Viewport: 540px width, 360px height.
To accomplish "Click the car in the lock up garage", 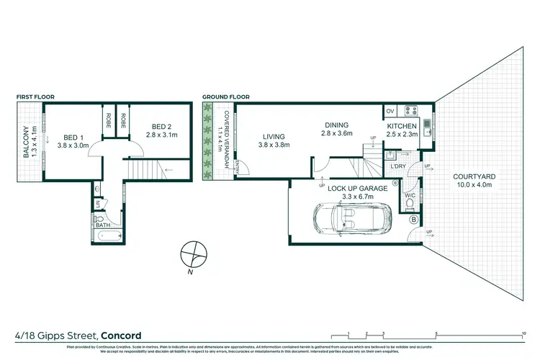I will tap(352, 218).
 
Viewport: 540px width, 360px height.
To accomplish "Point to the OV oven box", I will tap(390, 111).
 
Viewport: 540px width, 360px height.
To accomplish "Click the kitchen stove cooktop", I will tap(413, 111).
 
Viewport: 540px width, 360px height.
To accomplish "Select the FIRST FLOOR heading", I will tap(35, 96).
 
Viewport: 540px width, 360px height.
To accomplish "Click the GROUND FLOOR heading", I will tap(225, 96).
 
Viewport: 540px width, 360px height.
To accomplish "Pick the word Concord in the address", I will tap(121, 335).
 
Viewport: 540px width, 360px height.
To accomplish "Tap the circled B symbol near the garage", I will tap(413, 220).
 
